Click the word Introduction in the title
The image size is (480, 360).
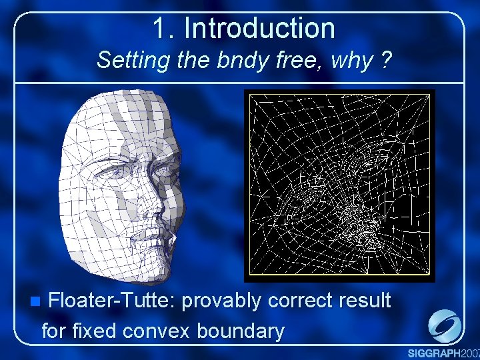[259, 28]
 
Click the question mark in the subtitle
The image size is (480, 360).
[385, 61]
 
